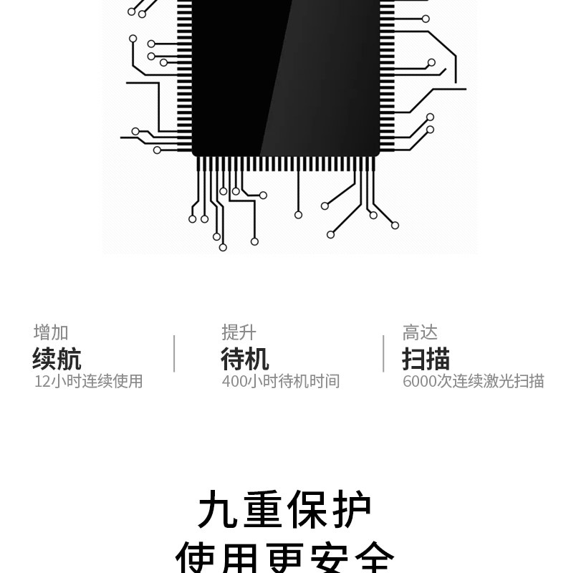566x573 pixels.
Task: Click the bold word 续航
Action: (57, 358)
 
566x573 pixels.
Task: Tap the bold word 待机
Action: (245, 358)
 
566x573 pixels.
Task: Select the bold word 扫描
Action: (426, 358)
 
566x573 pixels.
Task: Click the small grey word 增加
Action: (51, 332)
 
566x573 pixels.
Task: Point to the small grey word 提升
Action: (239, 332)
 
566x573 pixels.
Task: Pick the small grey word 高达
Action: (420, 332)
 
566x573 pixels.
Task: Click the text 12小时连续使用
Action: (88, 381)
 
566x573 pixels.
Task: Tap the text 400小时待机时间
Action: (280, 381)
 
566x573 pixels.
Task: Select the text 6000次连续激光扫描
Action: (473, 381)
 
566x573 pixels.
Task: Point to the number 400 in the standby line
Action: (234, 381)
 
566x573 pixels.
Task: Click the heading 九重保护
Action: (284, 510)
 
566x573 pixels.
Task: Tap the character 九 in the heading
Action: (219, 510)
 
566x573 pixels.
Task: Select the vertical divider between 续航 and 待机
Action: (174, 354)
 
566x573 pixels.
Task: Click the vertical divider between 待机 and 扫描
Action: (383, 354)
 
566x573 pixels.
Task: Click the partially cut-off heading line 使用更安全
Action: (284, 559)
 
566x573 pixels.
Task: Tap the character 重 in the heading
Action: (262, 510)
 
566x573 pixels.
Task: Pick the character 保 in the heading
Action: (307, 510)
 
